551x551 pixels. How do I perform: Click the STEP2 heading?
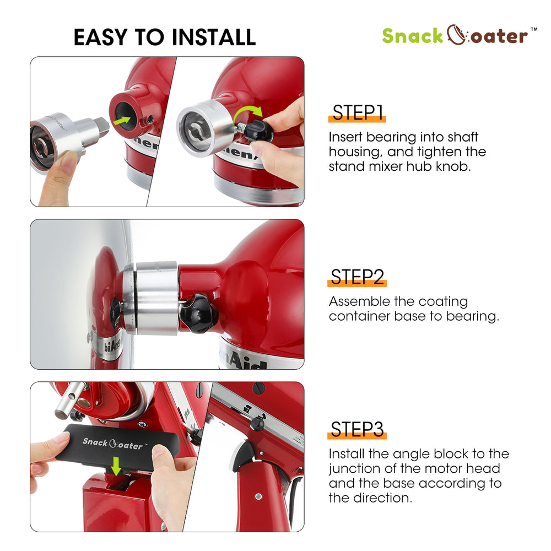point(357,277)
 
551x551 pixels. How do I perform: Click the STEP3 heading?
point(357,429)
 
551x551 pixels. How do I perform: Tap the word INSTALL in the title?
point(213,37)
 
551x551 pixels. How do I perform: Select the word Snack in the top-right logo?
point(412,36)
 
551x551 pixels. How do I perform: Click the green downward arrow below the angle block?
point(116,466)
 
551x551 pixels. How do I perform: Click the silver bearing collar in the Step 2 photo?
point(157,298)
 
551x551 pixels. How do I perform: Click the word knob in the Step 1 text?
point(453,166)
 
